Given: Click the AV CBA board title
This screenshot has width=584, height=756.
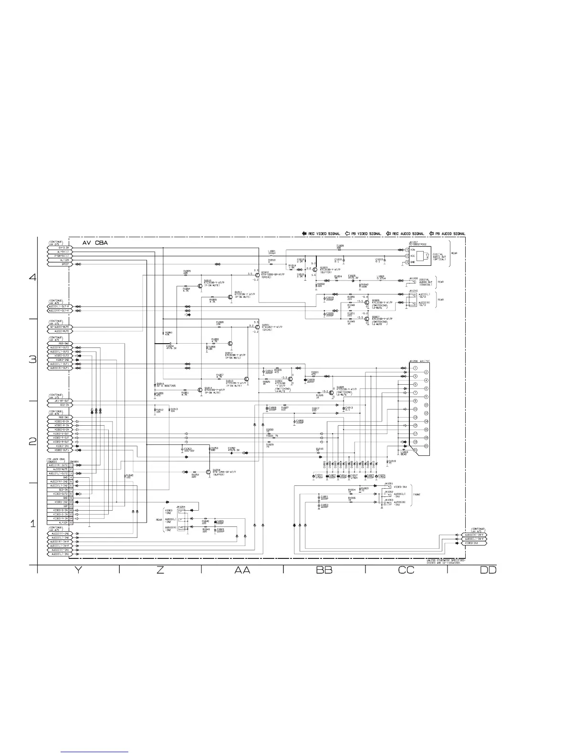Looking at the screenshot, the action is click(95, 243).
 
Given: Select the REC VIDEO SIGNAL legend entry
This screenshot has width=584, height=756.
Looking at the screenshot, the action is click(321, 234).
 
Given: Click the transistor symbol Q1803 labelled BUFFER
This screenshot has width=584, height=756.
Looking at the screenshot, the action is click(315, 270).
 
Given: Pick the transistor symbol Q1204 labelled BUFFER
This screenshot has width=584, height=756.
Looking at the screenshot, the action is click(209, 472).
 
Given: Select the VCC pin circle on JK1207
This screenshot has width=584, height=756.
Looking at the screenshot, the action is click(407, 256).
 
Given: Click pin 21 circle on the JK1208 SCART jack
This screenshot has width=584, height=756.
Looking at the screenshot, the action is click(415, 450).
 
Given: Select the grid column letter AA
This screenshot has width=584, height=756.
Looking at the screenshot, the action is click(242, 570).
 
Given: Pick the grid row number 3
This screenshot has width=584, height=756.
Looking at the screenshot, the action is click(32, 359).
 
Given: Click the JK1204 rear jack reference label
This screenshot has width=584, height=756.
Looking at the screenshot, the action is click(180, 506).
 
